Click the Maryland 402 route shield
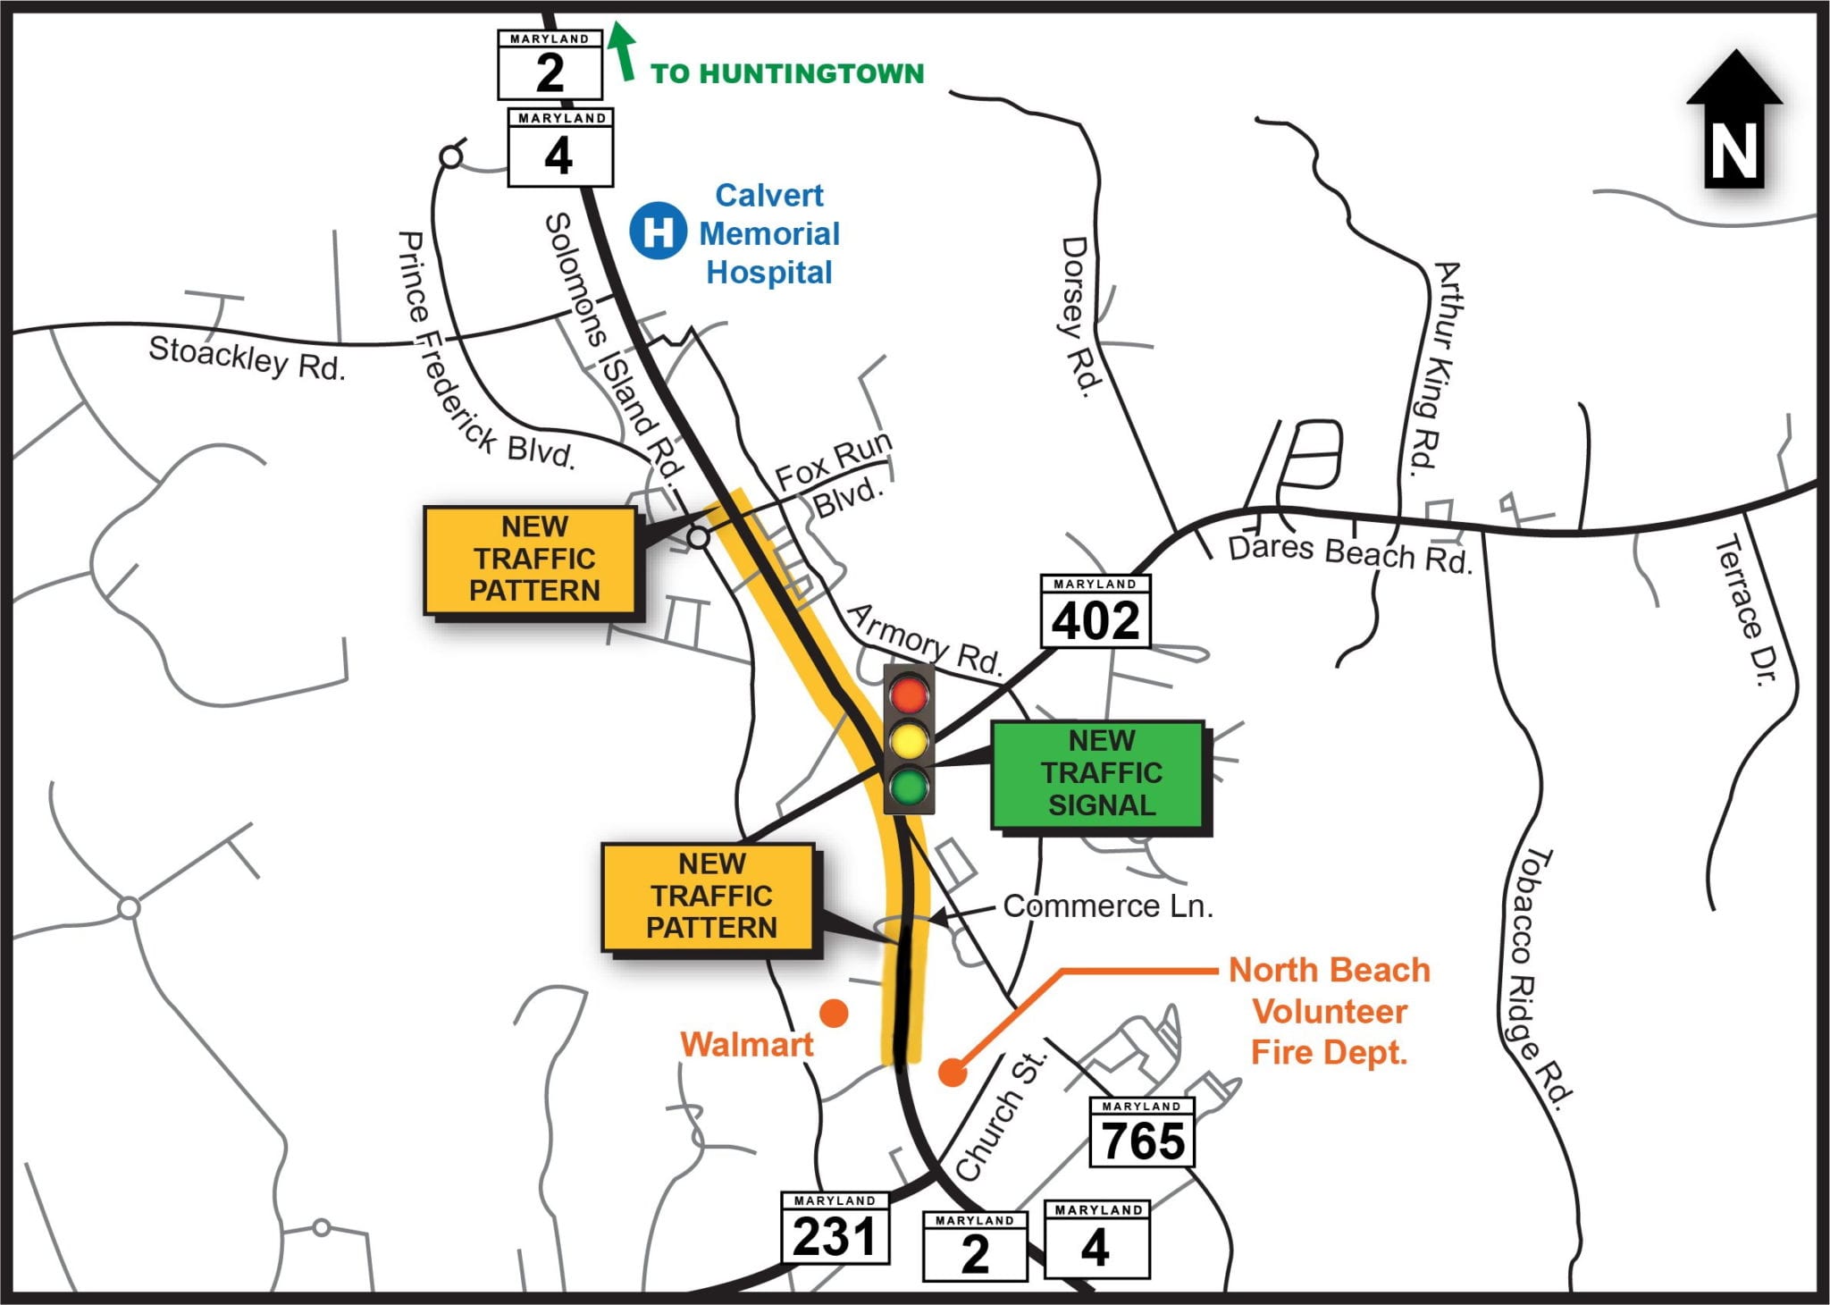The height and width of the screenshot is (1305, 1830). pos(1095,611)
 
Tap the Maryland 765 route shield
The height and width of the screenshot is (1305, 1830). pos(1142,1132)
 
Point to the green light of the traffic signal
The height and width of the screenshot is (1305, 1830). pos(909,787)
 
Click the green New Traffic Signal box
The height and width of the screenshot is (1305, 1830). pos(1100,774)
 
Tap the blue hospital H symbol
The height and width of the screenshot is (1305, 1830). pos(658,232)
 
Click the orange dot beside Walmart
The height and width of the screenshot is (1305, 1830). pos(834,1013)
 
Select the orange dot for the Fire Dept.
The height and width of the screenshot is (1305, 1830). pos(953,1073)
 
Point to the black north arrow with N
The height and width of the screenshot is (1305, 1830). pos(1734,121)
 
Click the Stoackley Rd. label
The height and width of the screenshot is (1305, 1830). pos(247,358)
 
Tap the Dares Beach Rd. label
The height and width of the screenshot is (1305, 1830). pos(1349,554)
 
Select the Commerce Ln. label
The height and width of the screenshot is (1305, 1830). pos(1108,906)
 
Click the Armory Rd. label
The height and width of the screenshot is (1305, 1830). pos(925,639)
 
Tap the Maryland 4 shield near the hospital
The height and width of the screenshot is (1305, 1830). pos(560,147)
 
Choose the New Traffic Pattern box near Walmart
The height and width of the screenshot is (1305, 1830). pos(710,897)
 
